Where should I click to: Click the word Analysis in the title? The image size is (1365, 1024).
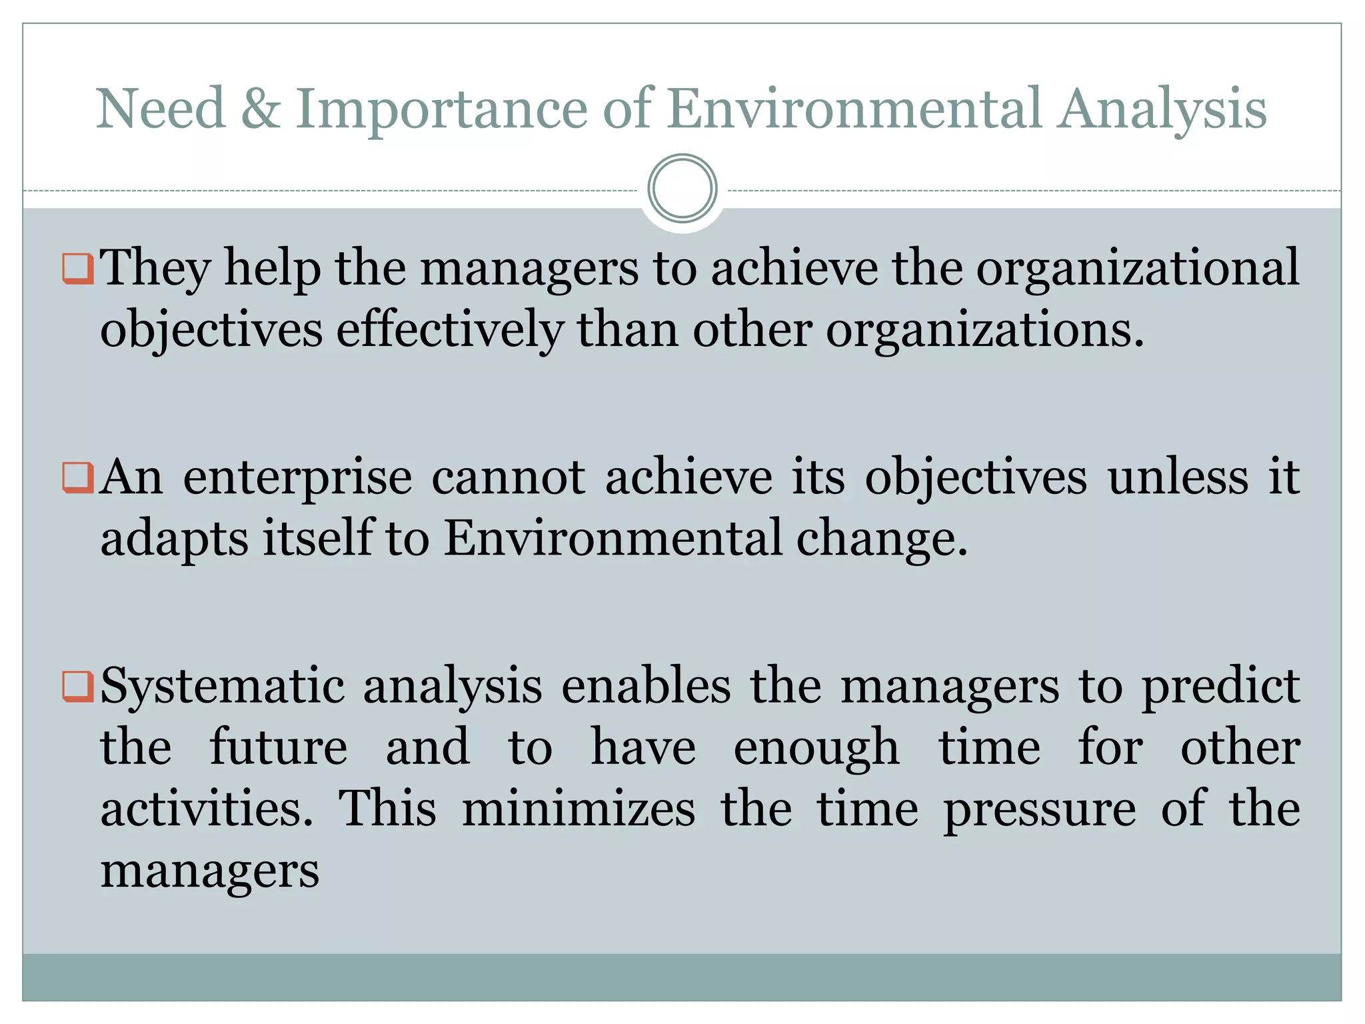[x=1162, y=110]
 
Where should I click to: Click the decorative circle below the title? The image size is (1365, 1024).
[x=682, y=189]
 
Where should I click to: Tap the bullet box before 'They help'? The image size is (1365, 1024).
[x=77, y=268]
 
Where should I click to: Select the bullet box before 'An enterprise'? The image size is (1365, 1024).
[x=77, y=477]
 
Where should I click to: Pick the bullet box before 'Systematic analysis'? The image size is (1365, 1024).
[x=77, y=686]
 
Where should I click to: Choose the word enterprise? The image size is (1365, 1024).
[x=297, y=479]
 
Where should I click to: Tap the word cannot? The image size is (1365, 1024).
[x=509, y=477]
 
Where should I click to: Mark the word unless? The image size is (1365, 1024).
[x=1178, y=477]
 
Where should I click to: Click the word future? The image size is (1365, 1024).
[x=278, y=748]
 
